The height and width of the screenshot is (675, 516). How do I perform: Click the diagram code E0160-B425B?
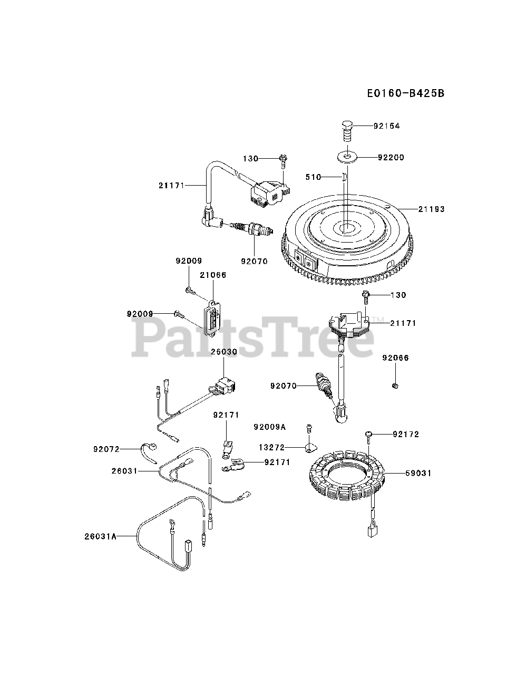[405, 93]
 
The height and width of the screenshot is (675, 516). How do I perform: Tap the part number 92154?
[386, 126]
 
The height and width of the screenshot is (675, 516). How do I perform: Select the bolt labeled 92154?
[346, 130]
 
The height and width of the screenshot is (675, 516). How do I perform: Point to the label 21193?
[431, 209]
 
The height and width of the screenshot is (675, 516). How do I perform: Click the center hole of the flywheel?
[347, 228]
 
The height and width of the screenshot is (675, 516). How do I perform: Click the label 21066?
[213, 275]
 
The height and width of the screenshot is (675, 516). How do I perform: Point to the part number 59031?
[418, 474]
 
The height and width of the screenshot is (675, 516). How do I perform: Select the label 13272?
[271, 448]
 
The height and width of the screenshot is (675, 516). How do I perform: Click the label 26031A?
[101, 536]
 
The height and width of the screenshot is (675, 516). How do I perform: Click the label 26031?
[124, 471]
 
